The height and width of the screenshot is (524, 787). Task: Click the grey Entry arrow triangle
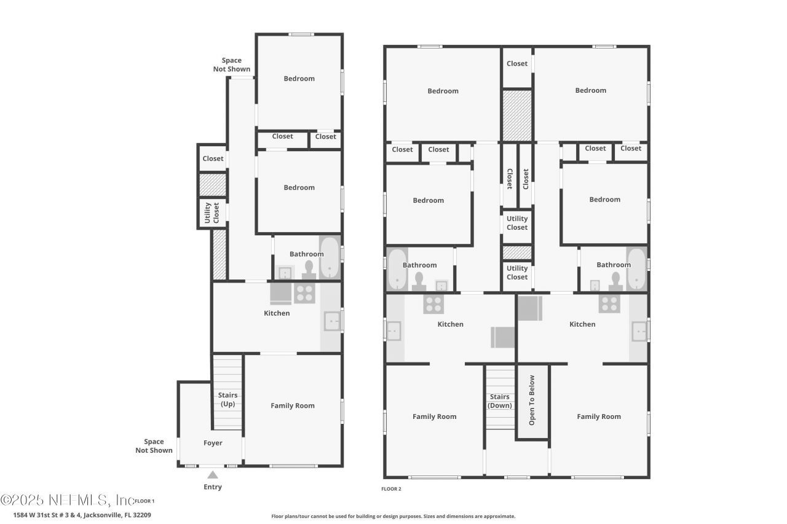[212, 474]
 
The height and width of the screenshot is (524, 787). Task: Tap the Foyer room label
[213, 443]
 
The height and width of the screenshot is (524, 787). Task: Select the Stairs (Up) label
[227, 399]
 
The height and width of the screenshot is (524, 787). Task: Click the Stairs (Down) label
[499, 401]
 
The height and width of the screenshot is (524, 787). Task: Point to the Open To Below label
[532, 400]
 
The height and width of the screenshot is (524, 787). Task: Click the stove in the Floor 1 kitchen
[304, 293]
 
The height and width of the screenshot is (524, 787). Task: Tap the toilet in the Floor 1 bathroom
[308, 270]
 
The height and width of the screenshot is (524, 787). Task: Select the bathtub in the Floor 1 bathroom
[330, 257]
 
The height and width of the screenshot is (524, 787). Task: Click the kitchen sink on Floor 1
[333, 321]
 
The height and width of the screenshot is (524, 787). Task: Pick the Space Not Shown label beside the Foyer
[154, 446]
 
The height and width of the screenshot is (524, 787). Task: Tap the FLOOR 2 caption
[391, 489]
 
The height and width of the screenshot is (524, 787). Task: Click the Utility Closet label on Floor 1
[212, 213]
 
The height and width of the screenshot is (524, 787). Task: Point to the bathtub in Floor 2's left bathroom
[397, 269]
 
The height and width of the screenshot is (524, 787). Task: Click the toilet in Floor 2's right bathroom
[615, 281]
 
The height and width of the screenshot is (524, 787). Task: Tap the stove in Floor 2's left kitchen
[433, 303]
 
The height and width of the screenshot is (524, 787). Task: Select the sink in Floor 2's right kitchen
[639, 331]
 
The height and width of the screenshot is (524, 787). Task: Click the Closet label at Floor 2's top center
[516, 63]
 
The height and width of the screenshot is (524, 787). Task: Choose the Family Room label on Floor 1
[293, 405]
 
